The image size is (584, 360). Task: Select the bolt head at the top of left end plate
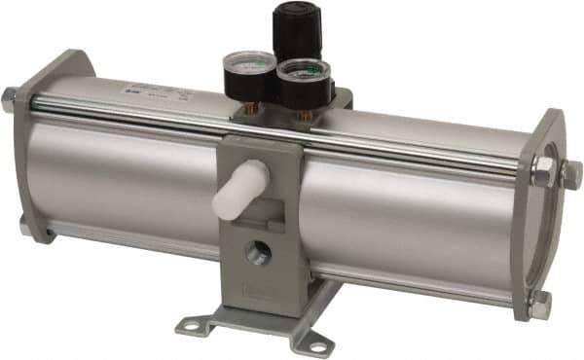pos(11,97)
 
